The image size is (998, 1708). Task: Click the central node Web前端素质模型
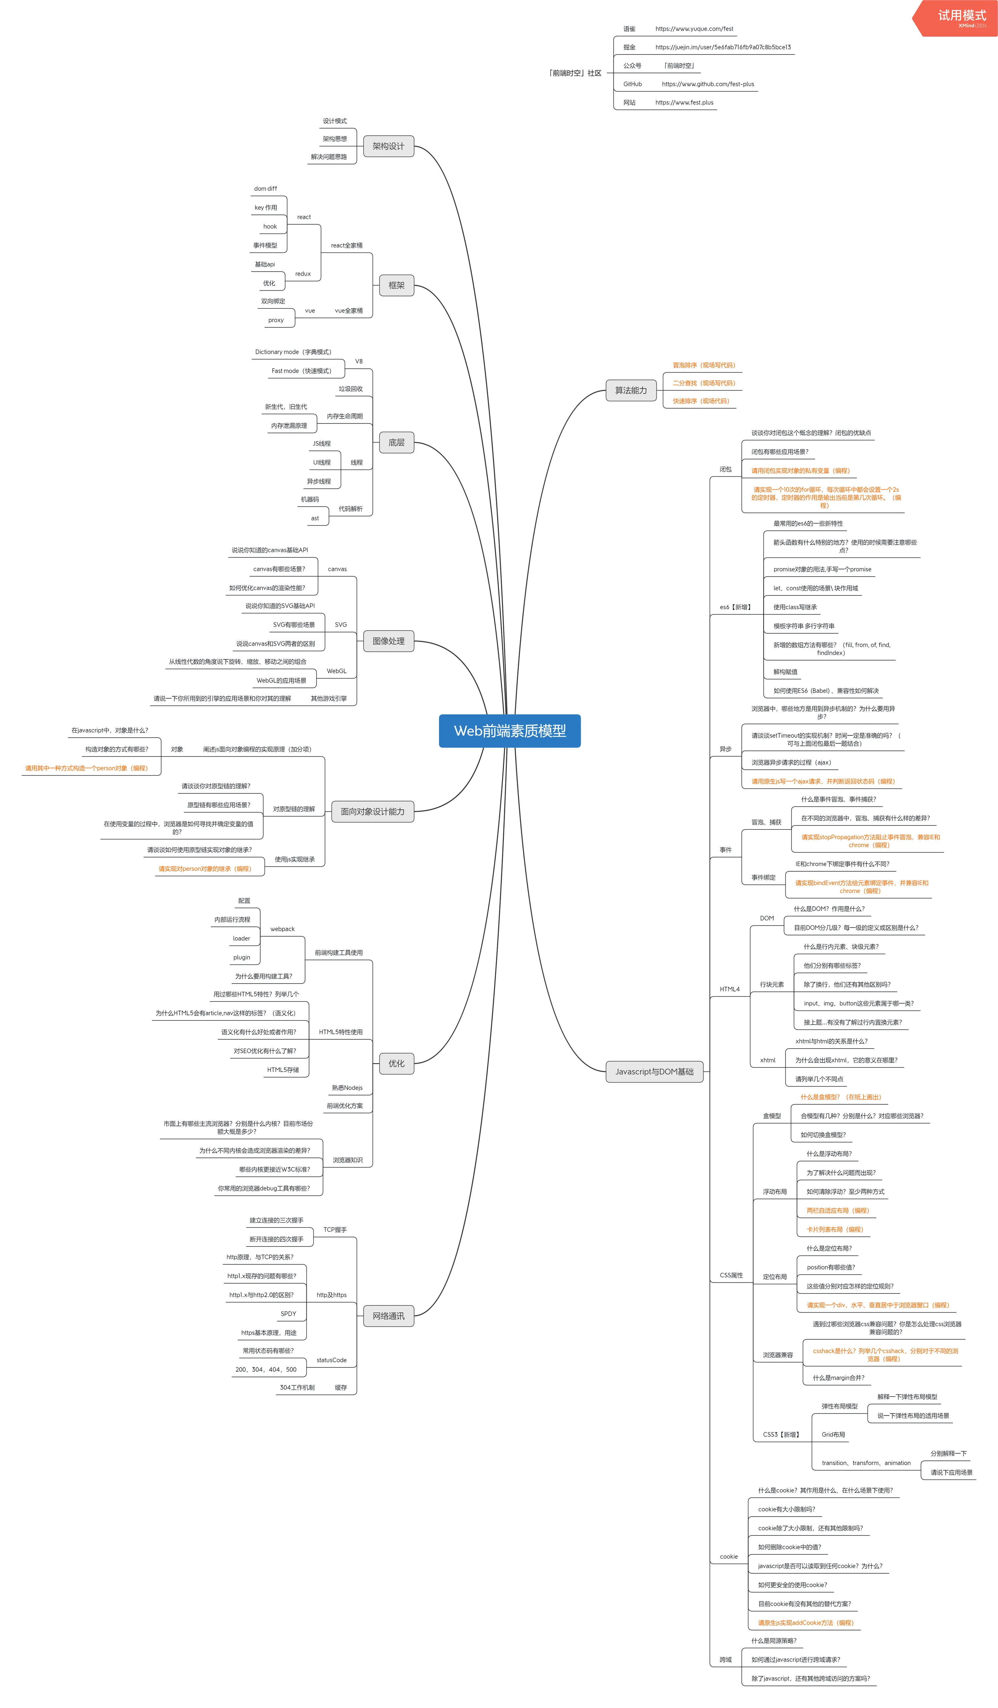pyautogui.click(x=510, y=731)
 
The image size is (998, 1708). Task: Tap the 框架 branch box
pyautogui.click(x=396, y=285)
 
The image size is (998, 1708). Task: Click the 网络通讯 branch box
pyautogui.click(x=388, y=1316)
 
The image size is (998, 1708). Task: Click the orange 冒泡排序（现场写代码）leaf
pyautogui.click(x=703, y=365)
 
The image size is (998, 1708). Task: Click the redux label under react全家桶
pyautogui.click(x=303, y=274)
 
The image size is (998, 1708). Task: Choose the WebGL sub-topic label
pyautogui.click(x=337, y=671)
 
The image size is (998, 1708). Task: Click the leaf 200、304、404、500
pyautogui.click(x=266, y=1369)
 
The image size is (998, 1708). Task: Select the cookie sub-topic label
pyautogui.click(x=728, y=1556)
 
